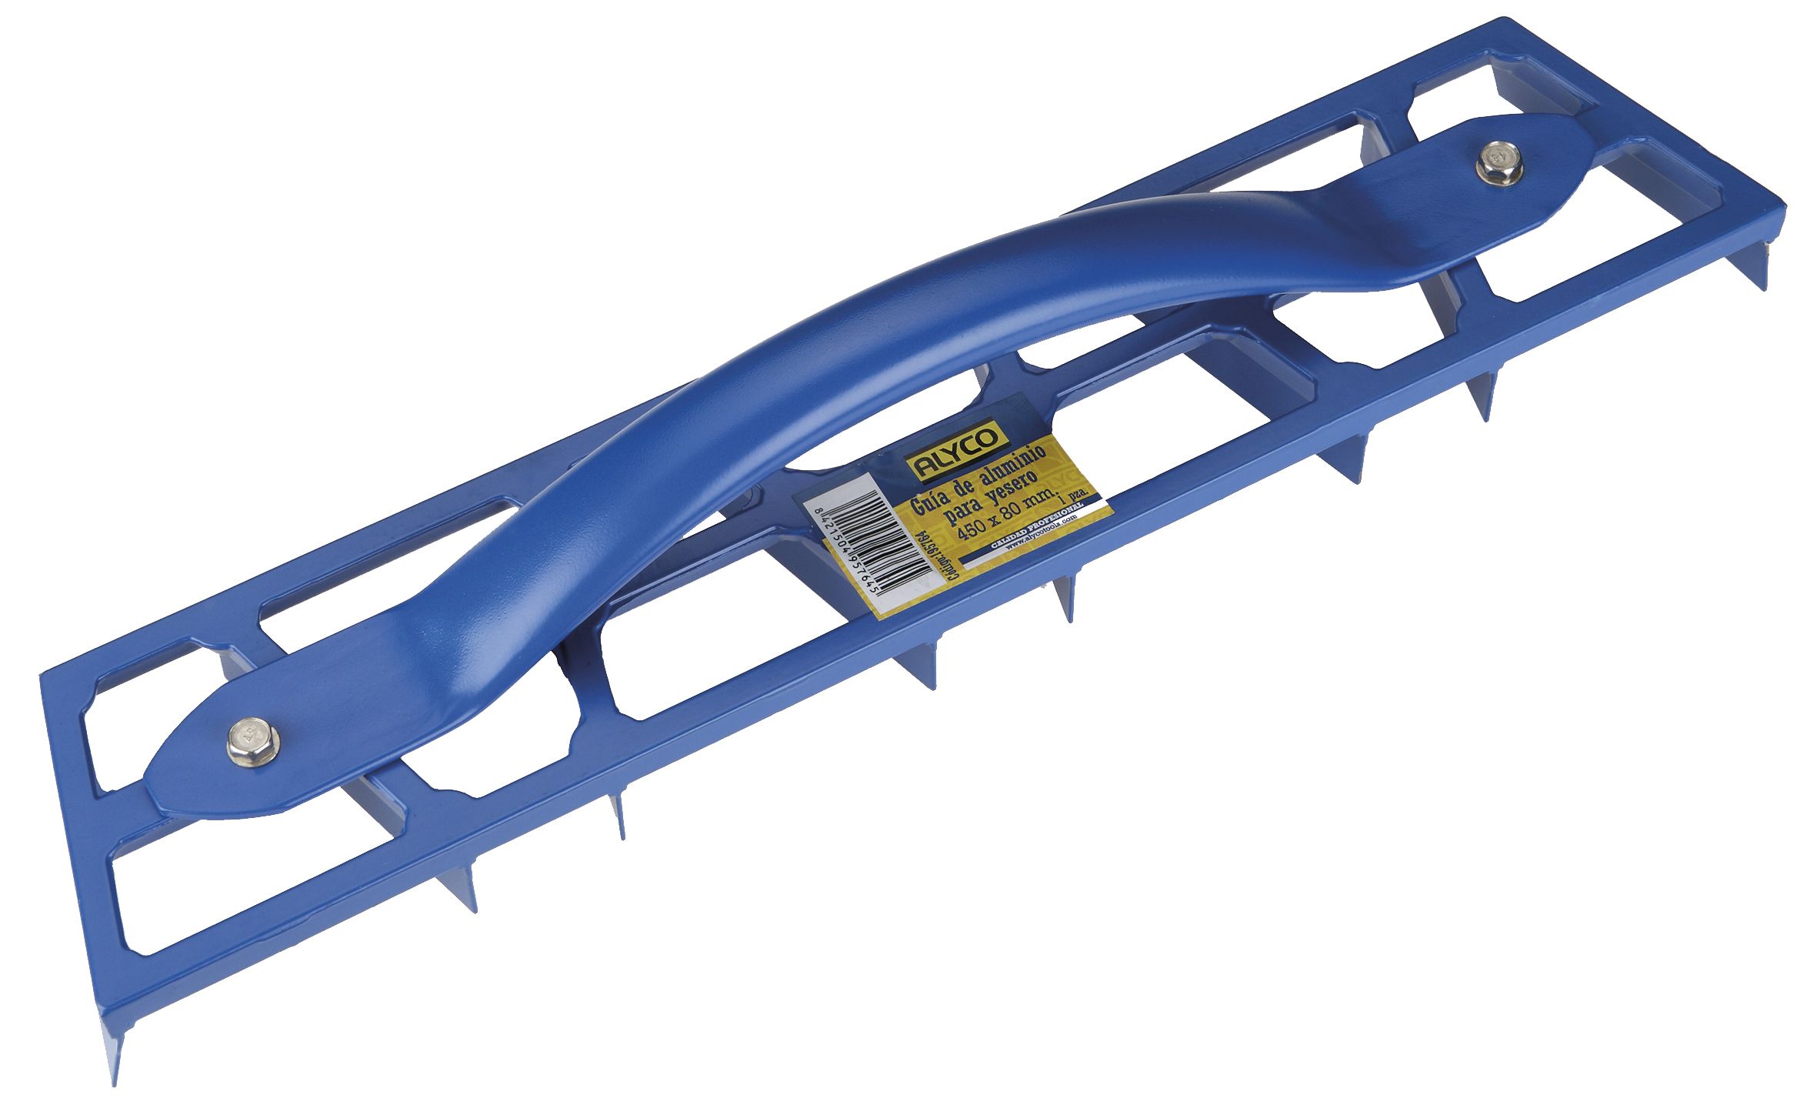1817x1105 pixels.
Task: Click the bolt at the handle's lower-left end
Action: tap(253, 742)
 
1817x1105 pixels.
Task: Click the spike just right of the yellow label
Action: tap(1065, 605)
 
